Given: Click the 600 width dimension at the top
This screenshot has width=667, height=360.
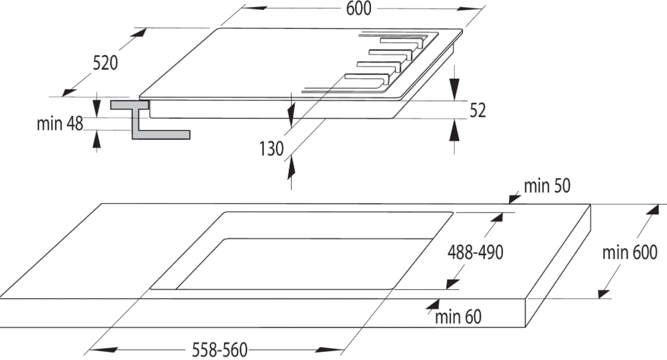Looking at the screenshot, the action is pyautogui.click(x=358, y=8).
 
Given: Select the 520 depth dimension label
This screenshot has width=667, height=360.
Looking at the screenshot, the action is pyautogui.click(x=105, y=63).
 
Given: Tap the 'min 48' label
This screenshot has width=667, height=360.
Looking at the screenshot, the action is pyautogui.click(x=60, y=124).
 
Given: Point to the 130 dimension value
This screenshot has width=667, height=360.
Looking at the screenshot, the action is pyautogui.click(x=271, y=149).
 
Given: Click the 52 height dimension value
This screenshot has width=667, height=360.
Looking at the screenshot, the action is pyautogui.click(x=478, y=110).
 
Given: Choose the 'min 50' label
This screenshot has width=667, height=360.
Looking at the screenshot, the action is pyautogui.click(x=547, y=186).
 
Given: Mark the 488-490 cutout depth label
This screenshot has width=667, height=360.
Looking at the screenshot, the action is pyautogui.click(x=475, y=253).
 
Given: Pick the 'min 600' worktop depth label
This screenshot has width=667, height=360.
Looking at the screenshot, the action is pyautogui.click(x=630, y=253).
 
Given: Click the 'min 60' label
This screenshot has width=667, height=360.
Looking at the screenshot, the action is pyautogui.click(x=458, y=317).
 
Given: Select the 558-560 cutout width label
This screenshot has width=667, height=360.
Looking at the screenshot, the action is pyautogui.click(x=219, y=350).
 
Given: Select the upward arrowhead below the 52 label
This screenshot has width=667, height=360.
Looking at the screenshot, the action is pyautogui.click(x=455, y=129).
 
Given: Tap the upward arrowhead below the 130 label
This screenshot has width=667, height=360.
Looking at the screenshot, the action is pyautogui.click(x=291, y=167).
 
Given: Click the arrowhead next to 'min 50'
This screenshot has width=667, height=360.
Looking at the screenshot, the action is pyautogui.click(x=515, y=198).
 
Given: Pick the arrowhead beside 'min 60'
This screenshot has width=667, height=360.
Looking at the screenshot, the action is pyautogui.click(x=433, y=305).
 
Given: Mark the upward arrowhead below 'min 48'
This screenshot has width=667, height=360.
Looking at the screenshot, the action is pyautogui.click(x=97, y=139).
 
